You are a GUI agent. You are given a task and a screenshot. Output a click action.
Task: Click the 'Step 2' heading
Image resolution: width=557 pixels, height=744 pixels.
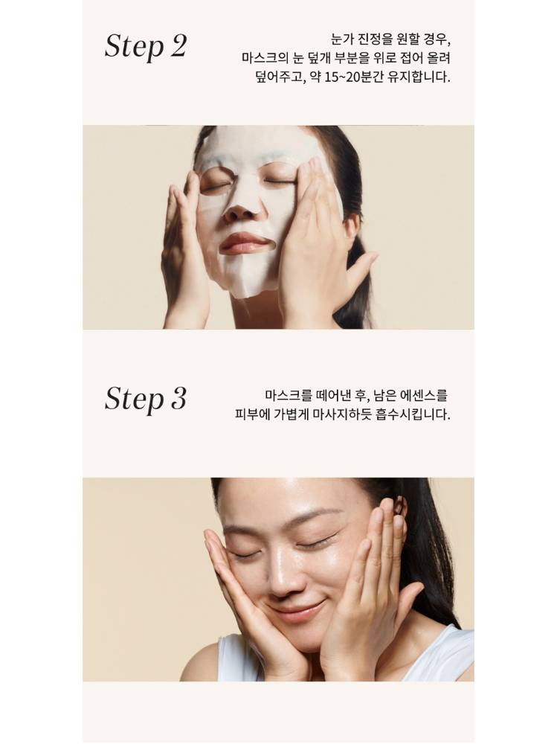coord(146,47)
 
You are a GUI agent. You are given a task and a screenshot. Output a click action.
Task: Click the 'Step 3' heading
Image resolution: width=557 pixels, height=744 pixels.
coord(146,399)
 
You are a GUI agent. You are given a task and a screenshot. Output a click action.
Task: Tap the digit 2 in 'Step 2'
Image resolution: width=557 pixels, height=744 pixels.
coord(178,45)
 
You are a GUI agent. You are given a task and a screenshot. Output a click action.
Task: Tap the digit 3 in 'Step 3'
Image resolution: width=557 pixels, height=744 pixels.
coord(178,397)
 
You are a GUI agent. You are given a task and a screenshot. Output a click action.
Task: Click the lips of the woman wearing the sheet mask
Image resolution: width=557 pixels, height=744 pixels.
coord(245,243)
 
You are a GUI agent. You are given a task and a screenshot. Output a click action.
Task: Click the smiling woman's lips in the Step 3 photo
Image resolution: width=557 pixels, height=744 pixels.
coord(295,609)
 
